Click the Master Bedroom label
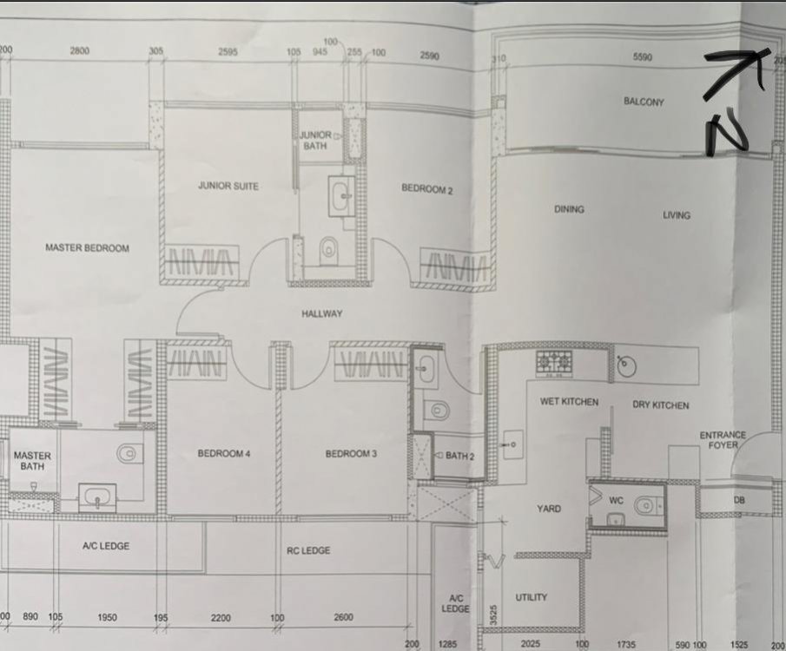tap(87, 248)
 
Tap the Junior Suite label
tap(228, 186)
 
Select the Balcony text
tap(644, 102)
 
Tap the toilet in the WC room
tap(644, 505)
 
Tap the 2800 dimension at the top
tap(79, 52)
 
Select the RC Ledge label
tap(308, 550)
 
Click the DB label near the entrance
tap(740, 500)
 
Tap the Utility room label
tap(531, 597)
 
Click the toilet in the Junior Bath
tap(328, 251)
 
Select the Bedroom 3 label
tap(348, 454)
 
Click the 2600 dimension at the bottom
tap(343, 617)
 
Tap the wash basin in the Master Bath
tap(95, 498)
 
